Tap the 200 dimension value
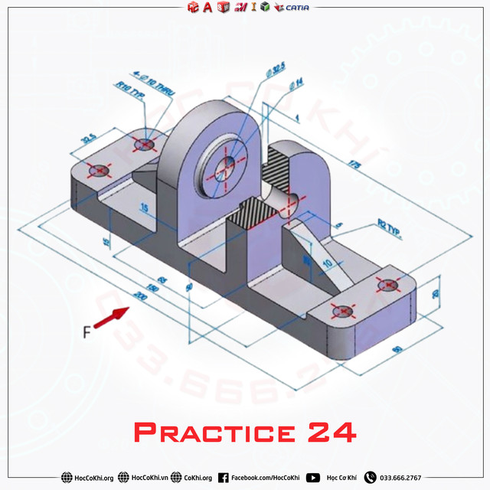pyautogui.click(x=140, y=295)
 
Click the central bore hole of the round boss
pyautogui.click(x=227, y=166)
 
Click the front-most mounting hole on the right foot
pyautogui.click(x=344, y=311)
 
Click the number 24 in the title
pyautogui.click(x=332, y=432)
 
